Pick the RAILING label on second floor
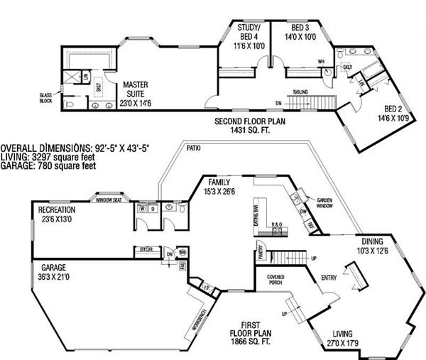pyautogui.click(x=302, y=92)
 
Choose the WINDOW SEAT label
pyautogui.click(x=111, y=200)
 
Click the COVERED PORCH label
pyautogui.click(x=275, y=279)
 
